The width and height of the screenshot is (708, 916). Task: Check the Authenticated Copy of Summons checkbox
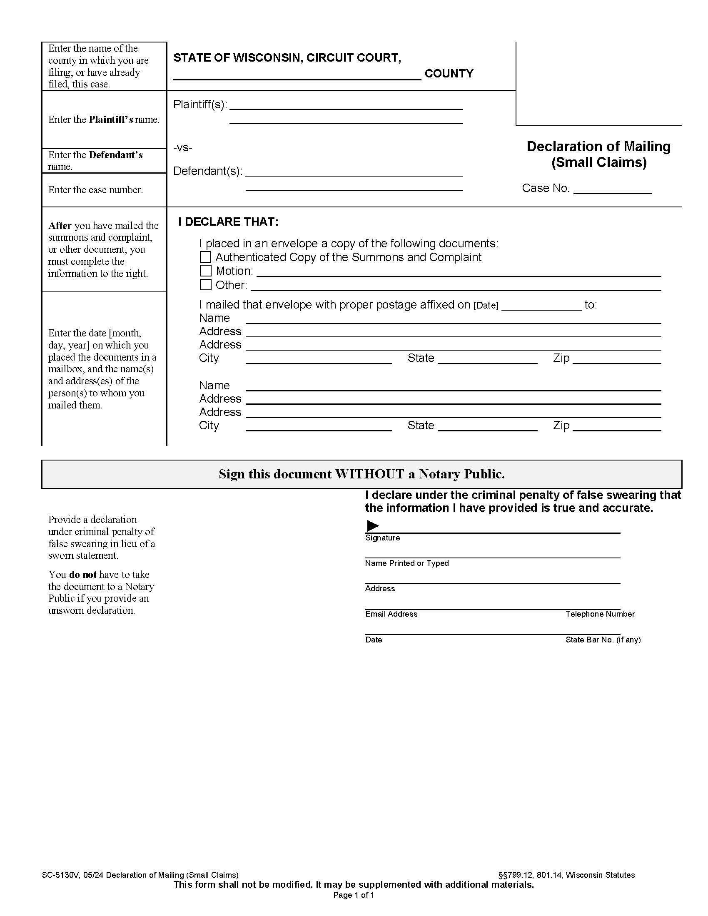pos(205,256)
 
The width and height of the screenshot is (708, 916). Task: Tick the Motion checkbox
pos(205,271)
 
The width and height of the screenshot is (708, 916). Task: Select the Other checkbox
pos(205,284)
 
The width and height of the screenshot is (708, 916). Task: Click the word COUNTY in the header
pos(449,73)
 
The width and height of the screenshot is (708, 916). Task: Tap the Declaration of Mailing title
pos(598,147)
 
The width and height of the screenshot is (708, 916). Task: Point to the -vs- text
pos(183,147)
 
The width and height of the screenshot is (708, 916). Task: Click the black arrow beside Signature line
pos(372,525)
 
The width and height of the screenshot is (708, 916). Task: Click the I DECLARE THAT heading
pos(228,222)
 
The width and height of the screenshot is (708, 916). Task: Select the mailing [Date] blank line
pos(541,305)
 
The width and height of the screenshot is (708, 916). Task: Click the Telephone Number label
pos(600,614)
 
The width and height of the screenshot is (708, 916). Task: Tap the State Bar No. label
pos(603,640)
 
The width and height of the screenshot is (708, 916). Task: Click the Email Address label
pos(391,614)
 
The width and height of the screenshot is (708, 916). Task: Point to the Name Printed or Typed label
pos(406,563)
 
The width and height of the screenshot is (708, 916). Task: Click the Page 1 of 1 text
pos(354,895)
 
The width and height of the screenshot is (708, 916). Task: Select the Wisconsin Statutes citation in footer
pos(566,875)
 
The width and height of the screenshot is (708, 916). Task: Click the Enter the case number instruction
pos(96,190)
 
